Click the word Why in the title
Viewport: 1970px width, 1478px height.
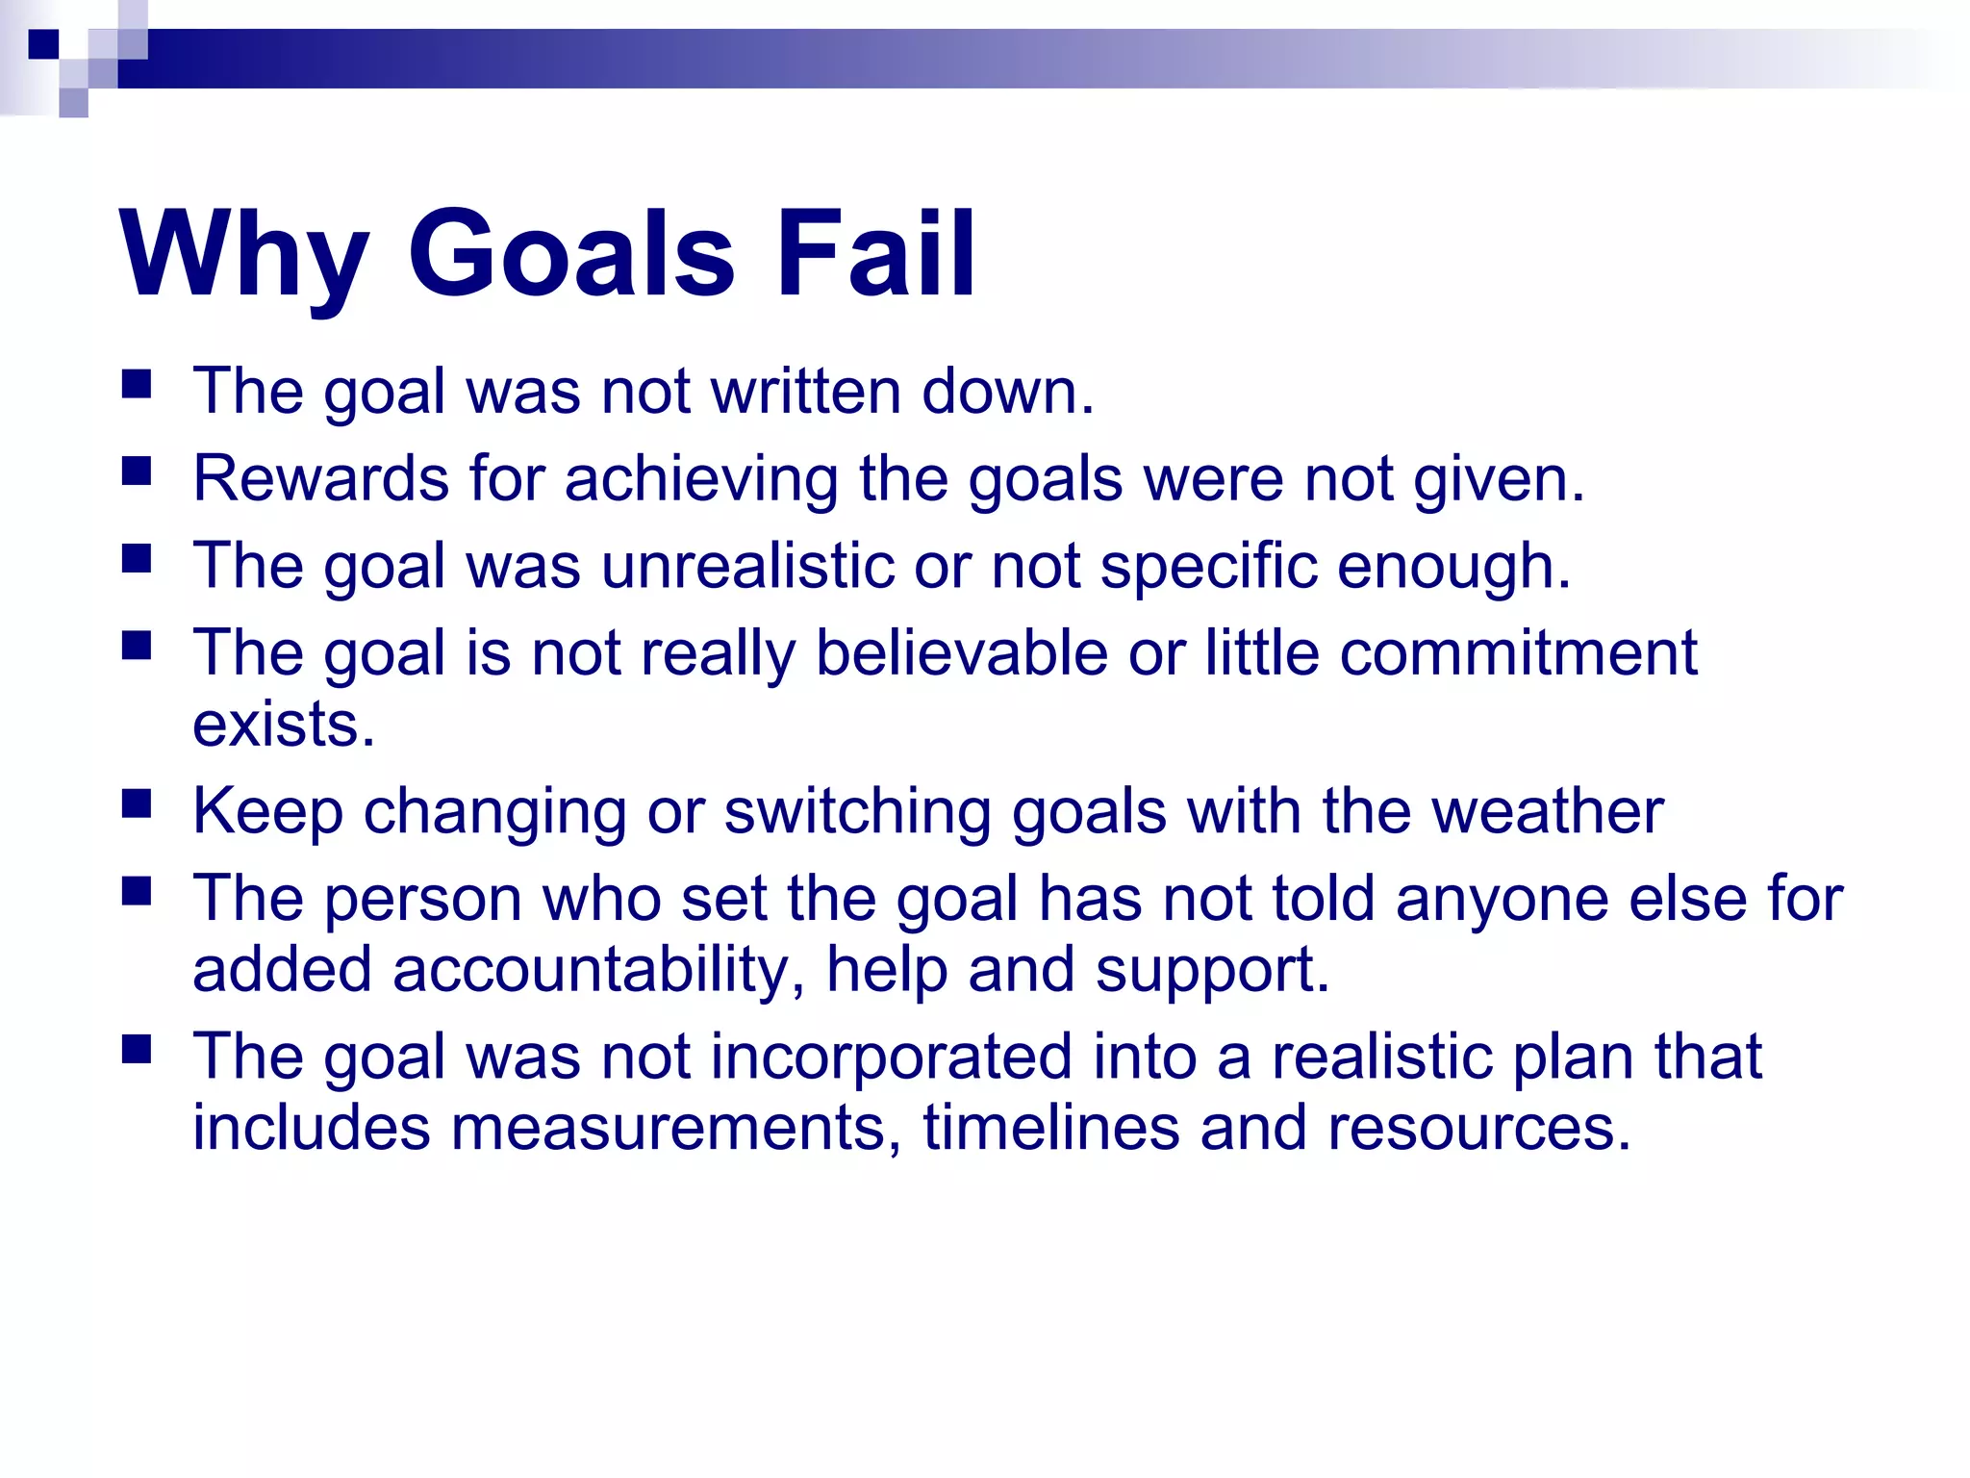click(244, 256)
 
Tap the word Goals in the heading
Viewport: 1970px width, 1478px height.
click(571, 256)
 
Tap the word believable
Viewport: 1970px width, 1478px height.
click(962, 653)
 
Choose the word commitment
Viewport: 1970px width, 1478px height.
click(1519, 653)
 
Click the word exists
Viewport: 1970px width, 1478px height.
click(283, 724)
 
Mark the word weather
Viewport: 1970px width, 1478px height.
click(1548, 811)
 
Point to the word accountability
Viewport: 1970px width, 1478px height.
click(598, 970)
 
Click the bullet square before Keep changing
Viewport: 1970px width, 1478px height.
click(137, 803)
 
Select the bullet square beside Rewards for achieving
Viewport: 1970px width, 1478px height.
click(137, 471)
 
